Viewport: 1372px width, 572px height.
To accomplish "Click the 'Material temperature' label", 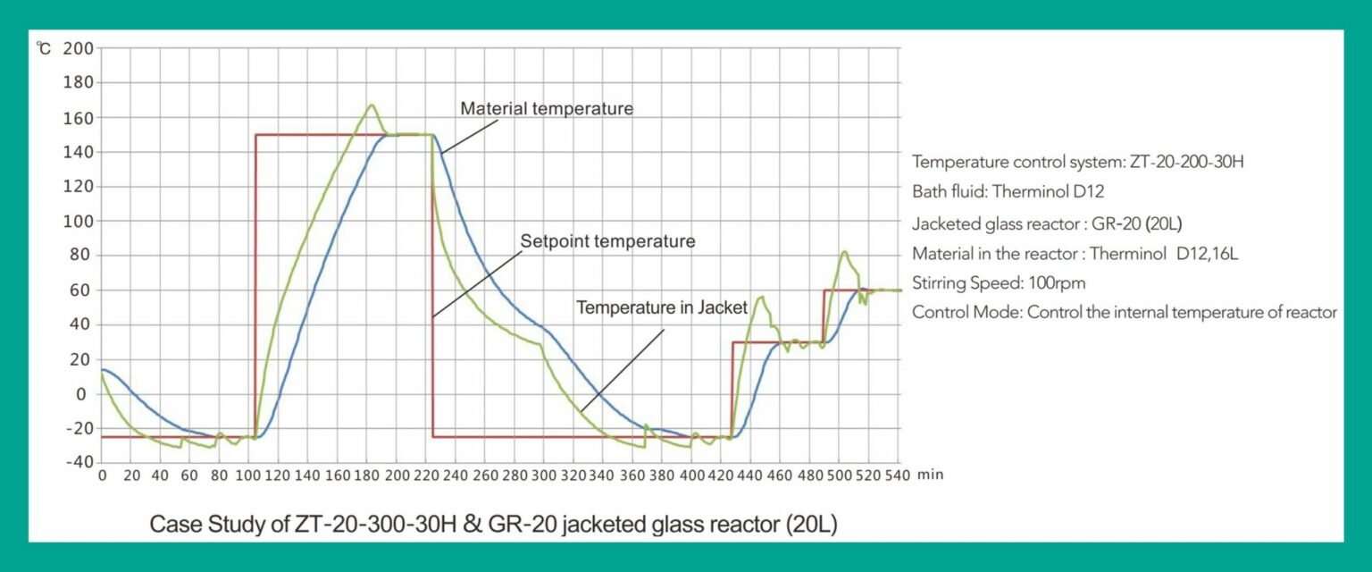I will pyautogui.click(x=546, y=108).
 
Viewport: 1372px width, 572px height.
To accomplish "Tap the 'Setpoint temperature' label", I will pyautogui.click(x=607, y=241).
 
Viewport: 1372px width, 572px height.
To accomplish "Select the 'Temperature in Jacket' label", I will pyautogui.click(x=663, y=307).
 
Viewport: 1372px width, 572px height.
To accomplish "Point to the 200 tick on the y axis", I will pyautogui.click(x=79, y=47).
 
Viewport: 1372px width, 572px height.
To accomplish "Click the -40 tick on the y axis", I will pyautogui.click(x=79, y=462).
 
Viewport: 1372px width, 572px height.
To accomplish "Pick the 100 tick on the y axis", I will pyautogui.click(x=79, y=221).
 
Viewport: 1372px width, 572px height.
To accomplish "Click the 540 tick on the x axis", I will pyautogui.click(x=896, y=475).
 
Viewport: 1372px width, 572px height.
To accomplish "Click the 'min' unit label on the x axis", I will pyautogui.click(x=930, y=475).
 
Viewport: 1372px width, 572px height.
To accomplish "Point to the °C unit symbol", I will pyautogui.click(x=44, y=47).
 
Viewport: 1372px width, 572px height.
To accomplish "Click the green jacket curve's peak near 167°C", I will pyautogui.click(x=372, y=105).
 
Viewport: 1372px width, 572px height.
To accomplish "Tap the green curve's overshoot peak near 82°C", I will pyautogui.click(x=843, y=252).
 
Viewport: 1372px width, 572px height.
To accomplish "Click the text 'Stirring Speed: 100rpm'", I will pyautogui.click(x=999, y=283).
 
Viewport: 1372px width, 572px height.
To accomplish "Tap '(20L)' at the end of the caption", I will pyautogui.click(x=812, y=525).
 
